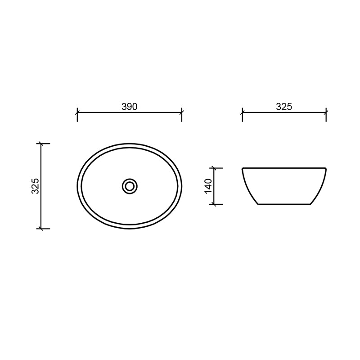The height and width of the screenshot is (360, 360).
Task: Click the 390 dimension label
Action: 129,107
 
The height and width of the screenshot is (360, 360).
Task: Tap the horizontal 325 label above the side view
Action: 284,107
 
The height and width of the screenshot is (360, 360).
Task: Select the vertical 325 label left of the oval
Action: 36,186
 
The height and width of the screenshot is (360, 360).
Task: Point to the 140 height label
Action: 209,186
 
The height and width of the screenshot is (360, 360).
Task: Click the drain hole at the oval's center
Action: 130,186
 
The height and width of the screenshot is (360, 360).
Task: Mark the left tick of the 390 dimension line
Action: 77,112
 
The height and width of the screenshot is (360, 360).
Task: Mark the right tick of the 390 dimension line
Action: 182,112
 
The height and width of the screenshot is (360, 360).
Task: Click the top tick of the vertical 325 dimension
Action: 41,144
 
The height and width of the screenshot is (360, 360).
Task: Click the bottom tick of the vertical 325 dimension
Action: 41,229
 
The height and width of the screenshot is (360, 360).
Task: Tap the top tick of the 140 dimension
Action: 214,168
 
